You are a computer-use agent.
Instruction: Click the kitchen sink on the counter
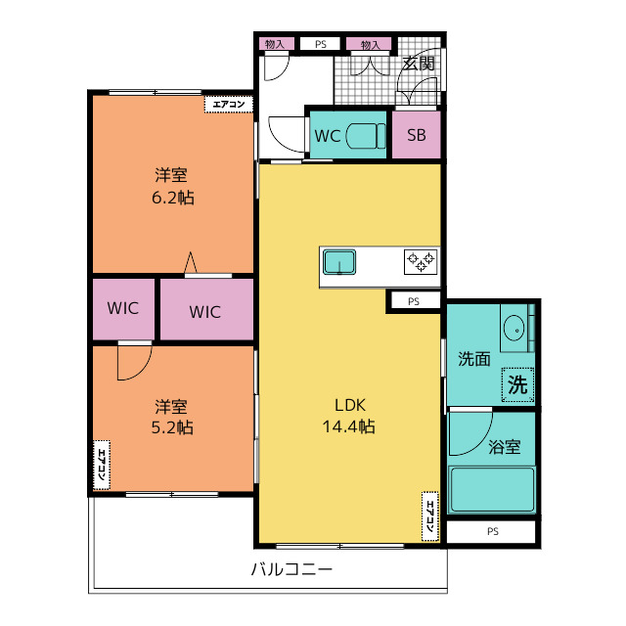[x=339, y=262]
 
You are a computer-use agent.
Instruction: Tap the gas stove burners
[x=421, y=262]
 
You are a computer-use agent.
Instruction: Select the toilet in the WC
[x=366, y=136]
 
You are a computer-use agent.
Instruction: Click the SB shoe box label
[x=417, y=135]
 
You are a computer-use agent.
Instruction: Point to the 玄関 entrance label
[x=418, y=63]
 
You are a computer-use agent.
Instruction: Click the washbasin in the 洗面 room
[x=514, y=329]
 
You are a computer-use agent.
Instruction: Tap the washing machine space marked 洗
[x=517, y=384]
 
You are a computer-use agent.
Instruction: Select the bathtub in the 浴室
[x=492, y=490]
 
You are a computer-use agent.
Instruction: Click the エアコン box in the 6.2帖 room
[x=229, y=105]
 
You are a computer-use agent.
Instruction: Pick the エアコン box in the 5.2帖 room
[x=102, y=466]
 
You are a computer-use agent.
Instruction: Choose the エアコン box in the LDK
[x=430, y=516]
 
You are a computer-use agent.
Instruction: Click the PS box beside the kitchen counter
[x=414, y=301]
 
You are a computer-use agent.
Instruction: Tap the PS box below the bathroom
[x=491, y=531]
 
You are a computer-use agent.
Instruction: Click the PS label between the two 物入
[x=321, y=44]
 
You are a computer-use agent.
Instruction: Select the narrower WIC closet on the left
[x=123, y=309]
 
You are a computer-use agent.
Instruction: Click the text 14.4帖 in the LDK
[x=348, y=426]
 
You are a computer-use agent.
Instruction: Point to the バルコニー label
[x=291, y=568]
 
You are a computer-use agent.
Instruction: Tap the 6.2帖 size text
[x=173, y=198]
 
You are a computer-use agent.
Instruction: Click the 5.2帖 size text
[x=172, y=427]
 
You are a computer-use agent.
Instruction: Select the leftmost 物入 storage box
[x=276, y=44]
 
